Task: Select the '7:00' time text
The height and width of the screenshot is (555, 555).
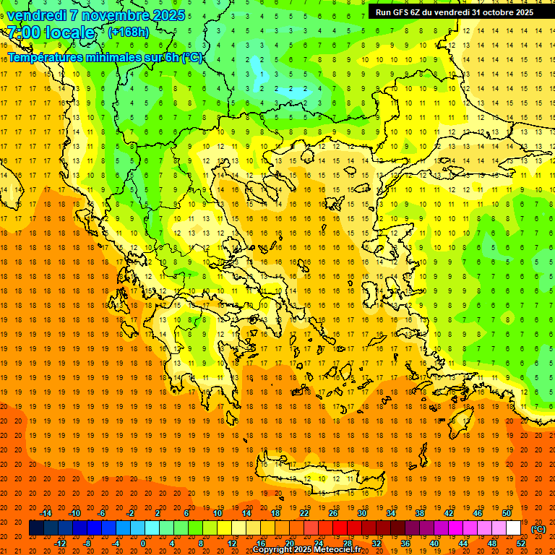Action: pyautogui.click(x=23, y=33)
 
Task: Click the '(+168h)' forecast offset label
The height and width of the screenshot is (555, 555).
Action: pyautogui.click(x=129, y=33)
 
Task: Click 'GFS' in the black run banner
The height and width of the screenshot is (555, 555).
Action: pyautogui.click(x=403, y=12)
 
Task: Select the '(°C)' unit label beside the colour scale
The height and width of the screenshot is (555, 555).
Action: pyautogui.click(x=538, y=529)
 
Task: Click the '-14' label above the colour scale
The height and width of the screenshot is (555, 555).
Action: pyautogui.click(x=46, y=513)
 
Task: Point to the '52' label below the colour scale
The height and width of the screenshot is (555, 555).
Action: pyautogui.click(x=521, y=543)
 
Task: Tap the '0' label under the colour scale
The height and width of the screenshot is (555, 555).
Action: pyautogui.click(x=143, y=543)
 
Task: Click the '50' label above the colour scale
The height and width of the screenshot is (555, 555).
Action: pyautogui.click(x=506, y=513)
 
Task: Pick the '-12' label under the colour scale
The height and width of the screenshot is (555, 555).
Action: pyautogui.click(x=61, y=543)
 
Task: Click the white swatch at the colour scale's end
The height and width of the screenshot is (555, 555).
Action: pyautogui.click(x=513, y=528)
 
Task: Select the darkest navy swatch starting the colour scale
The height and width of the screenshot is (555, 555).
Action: pyautogui.click(x=36, y=528)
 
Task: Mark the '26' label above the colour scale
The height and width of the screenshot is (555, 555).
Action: pyautogui.click(x=333, y=513)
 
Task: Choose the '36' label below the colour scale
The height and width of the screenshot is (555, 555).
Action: pyautogui.click(x=405, y=543)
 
